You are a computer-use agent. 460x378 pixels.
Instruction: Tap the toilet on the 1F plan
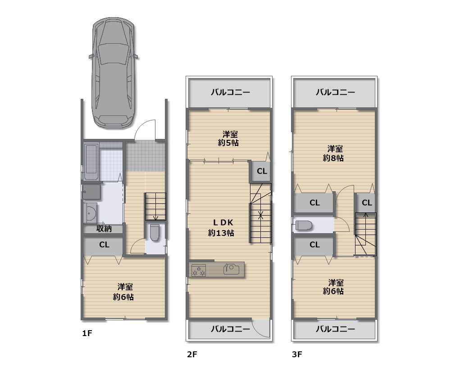pos(155,232)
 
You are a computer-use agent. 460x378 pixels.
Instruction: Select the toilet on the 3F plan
pos(303,226)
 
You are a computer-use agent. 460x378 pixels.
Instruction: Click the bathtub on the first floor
pos(91,162)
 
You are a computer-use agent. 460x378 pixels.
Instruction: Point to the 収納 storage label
pos(104,229)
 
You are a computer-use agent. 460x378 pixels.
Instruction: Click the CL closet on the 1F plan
pos(104,244)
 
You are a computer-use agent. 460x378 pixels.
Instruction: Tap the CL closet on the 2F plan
pos(262,171)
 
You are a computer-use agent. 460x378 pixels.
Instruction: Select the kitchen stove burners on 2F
pos(199,270)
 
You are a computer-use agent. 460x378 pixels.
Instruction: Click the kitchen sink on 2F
pos(232,269)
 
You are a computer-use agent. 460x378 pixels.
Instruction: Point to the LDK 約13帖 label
pos(221,228)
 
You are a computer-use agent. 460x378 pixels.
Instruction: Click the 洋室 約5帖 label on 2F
pos(228,138)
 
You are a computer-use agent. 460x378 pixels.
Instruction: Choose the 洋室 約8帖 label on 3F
pos(333,153)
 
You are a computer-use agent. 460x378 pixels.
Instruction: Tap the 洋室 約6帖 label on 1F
pos(123,292)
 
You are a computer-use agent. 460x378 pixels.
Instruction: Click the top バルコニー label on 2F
pos(231,92)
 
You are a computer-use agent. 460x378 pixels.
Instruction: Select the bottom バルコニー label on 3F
pos(336,329)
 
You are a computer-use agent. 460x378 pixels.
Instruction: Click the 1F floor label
pos(87,333)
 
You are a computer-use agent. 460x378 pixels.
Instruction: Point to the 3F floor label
pos(297,354)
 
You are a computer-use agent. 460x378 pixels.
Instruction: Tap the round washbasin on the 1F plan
pos(91,212)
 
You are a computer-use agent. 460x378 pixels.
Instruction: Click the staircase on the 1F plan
pos(155,207)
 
